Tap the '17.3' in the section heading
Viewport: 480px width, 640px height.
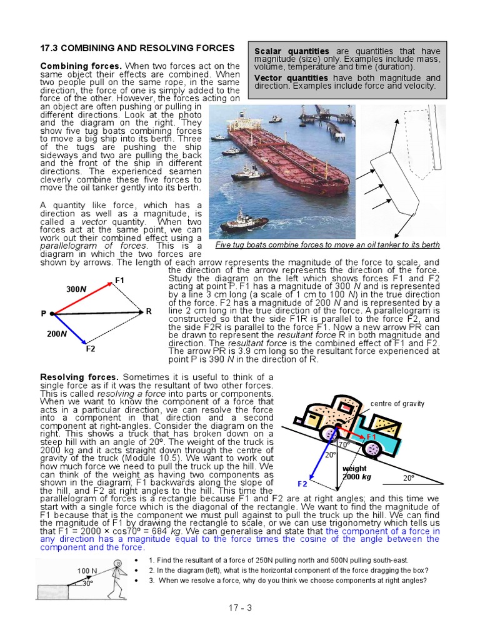click(49, 48)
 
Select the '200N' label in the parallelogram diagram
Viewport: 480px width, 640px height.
click(56, 334)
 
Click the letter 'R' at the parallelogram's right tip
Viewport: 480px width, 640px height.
click(149, 311)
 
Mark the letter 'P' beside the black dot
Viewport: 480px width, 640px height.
click(44, 313)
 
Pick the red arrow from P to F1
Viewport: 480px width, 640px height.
click(81, 299)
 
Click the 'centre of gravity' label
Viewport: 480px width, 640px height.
click(397, 404)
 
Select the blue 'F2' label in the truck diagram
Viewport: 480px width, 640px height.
click(302, 484)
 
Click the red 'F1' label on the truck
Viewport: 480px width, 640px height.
click(371, 437)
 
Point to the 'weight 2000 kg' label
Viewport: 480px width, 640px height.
click(355, 472)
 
